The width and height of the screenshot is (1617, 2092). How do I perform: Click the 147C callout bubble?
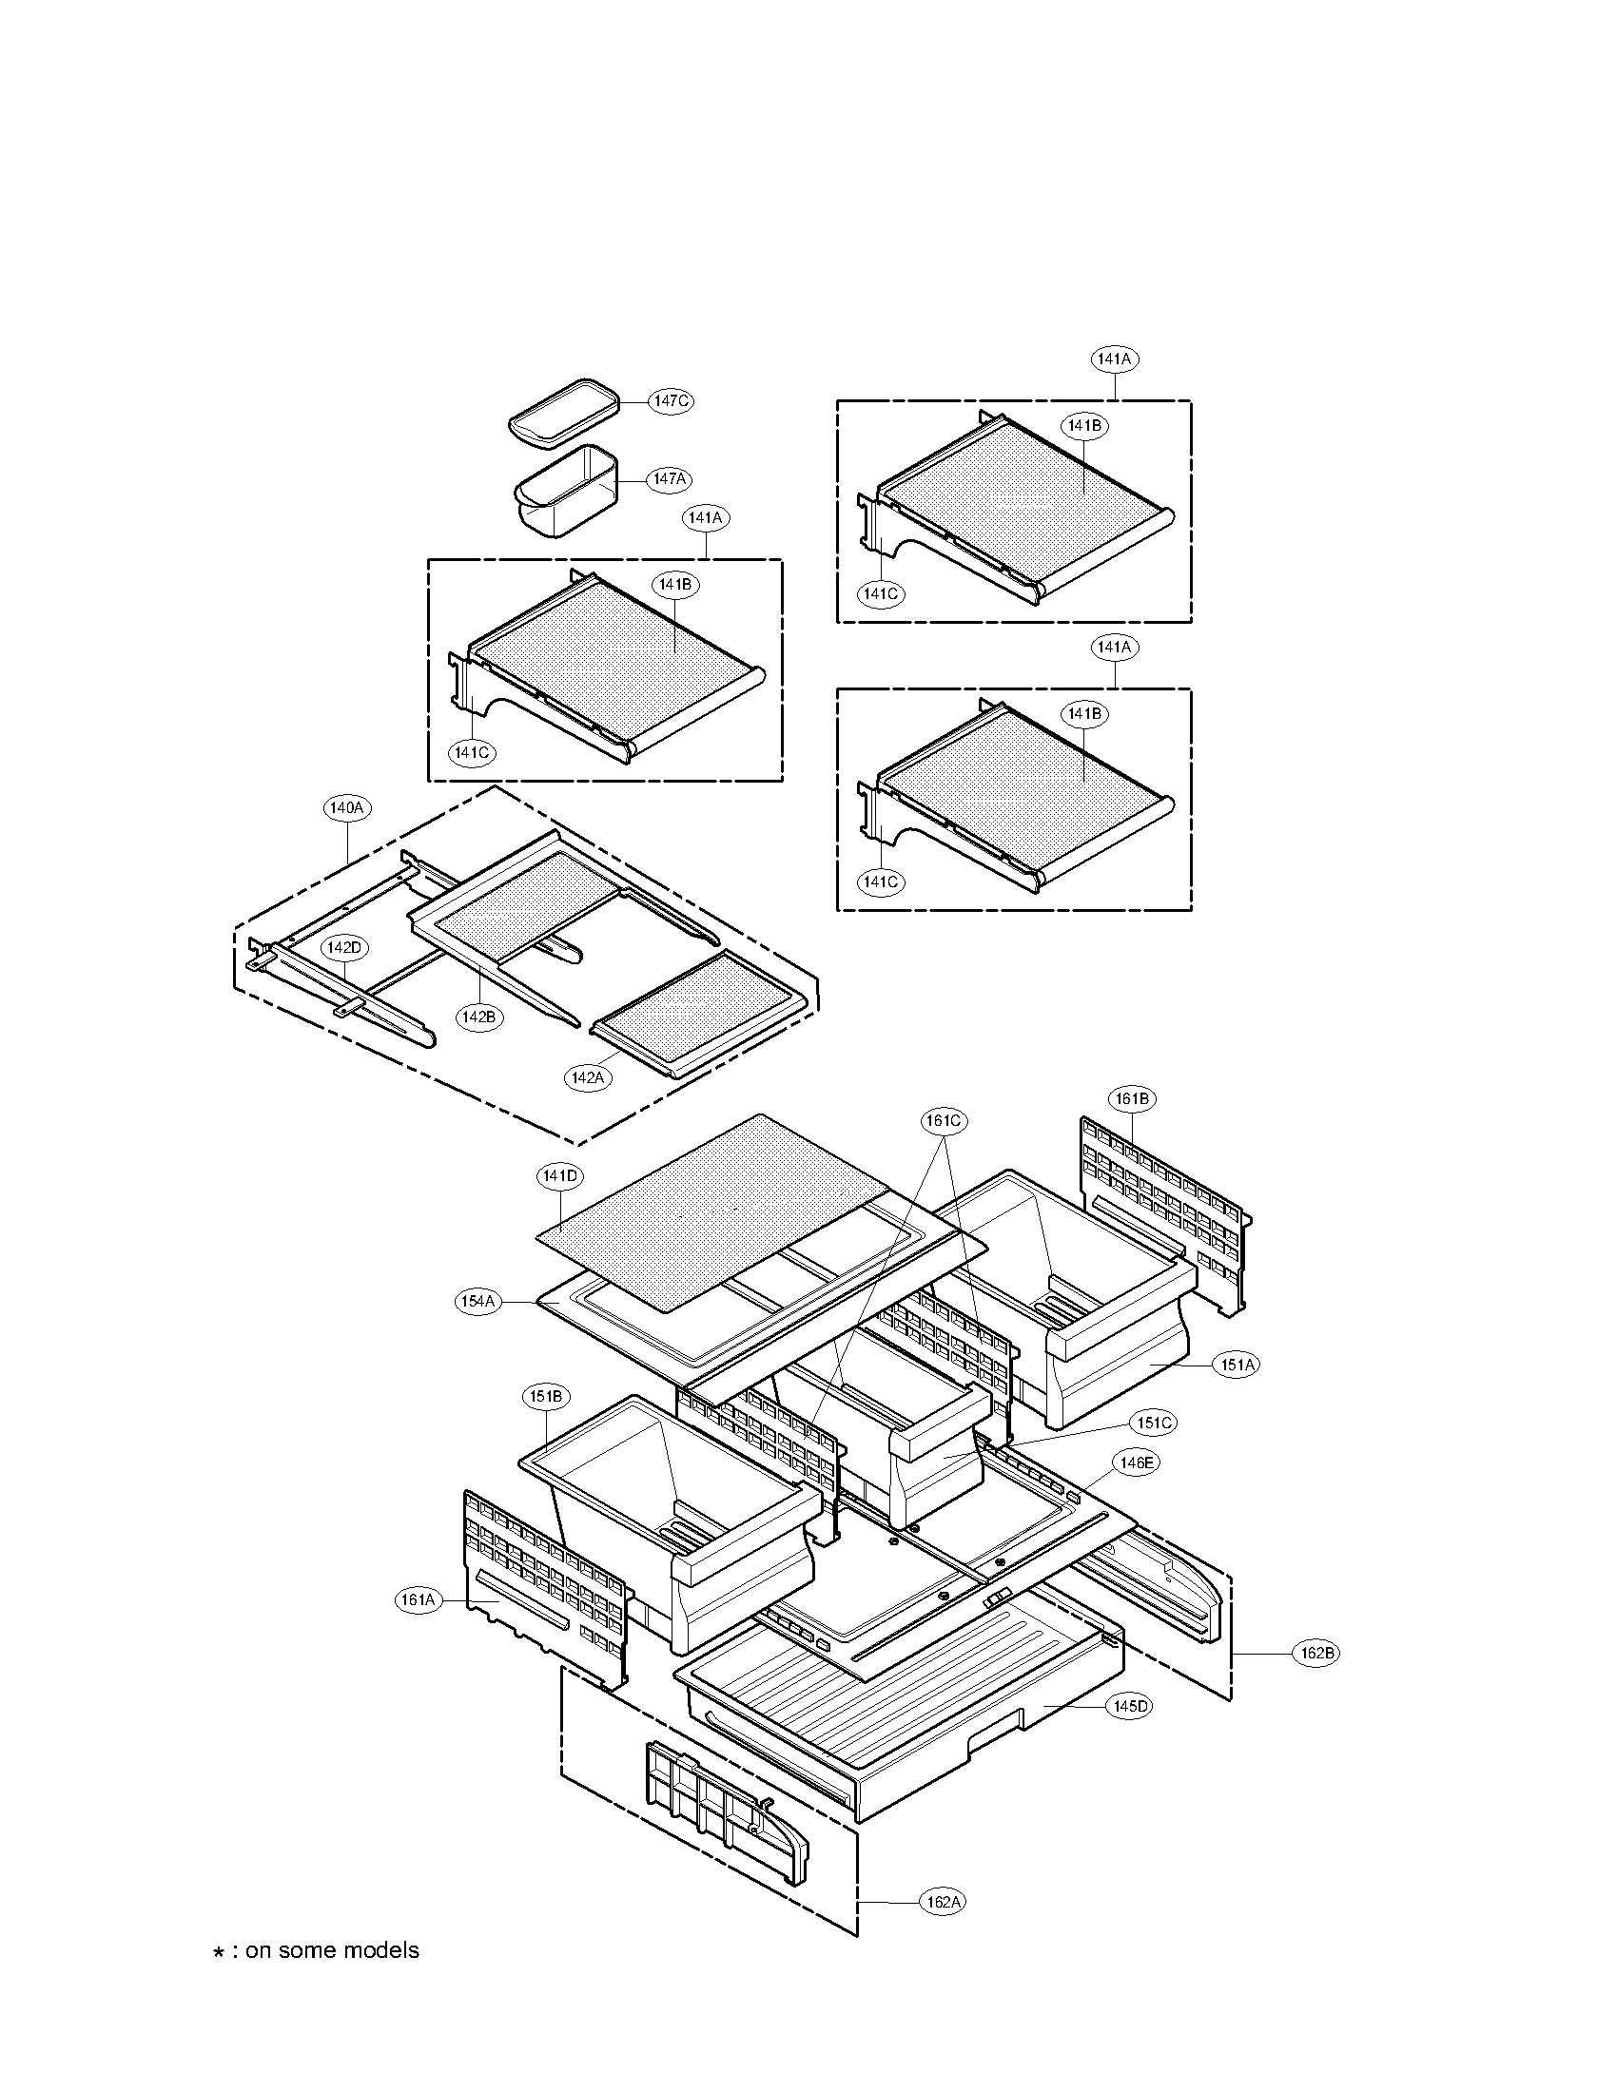click(x=670, y=400)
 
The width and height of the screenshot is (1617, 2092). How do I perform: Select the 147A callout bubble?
click(x=669, y=479)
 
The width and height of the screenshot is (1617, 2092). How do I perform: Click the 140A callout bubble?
click(x=345, y=807)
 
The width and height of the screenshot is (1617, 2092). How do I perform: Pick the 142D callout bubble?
click(x=343, y=947)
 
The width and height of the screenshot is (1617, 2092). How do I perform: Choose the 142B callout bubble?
click(x=477, y=1017)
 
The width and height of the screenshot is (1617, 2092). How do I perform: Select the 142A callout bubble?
click(x=588, y=1077)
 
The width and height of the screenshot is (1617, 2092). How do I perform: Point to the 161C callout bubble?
click(x=943, y=1120)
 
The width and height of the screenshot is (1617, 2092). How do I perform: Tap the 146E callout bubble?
click(x=1134, y=1462)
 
